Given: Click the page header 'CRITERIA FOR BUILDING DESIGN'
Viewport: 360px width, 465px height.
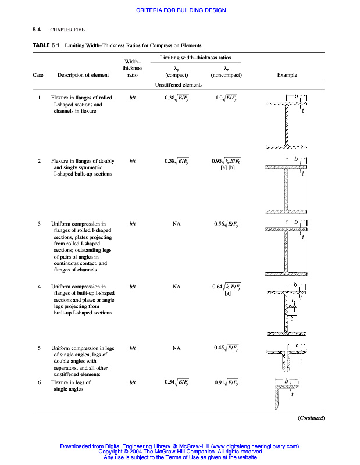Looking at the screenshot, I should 181,10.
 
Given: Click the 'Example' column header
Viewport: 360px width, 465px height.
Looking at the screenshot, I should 287,75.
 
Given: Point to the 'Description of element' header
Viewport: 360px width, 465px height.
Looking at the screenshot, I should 83,75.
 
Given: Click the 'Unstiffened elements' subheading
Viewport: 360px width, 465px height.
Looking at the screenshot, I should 179,85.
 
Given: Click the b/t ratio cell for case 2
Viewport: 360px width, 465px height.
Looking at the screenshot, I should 133,161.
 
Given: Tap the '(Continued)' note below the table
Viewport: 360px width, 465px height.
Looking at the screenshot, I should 311,418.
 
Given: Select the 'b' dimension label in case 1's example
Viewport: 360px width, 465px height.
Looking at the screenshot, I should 296,95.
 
